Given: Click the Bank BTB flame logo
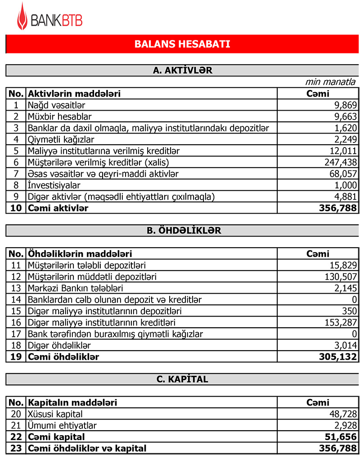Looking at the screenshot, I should tap(22, 16).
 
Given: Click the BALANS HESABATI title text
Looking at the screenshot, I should tap(182, 44).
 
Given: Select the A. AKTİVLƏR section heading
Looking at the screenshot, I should tap(182, 71).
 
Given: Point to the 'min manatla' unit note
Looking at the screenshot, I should tap(330, 82).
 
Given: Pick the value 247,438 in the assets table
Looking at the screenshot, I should tap(340, 162).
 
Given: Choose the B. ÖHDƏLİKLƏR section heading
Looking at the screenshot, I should tap(182, 231).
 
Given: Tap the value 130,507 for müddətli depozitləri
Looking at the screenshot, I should tap(340, 277).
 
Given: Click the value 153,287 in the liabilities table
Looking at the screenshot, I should tap(340, 322).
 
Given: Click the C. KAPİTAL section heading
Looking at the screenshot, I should tap(182, 379).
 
